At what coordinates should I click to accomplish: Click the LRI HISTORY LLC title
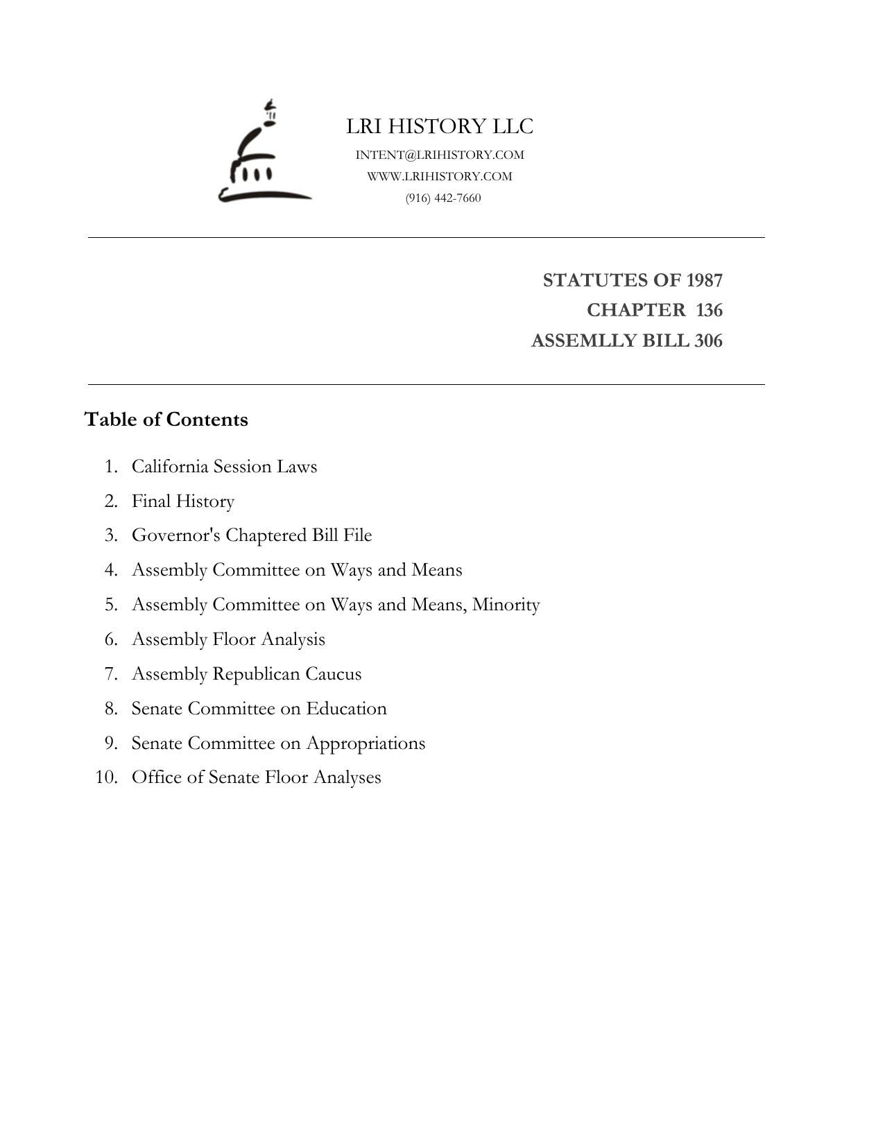(440, 126)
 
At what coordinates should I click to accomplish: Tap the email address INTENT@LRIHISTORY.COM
(440, 155)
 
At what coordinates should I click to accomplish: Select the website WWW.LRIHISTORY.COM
(440, 176)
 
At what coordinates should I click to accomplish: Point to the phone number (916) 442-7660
(443, 198)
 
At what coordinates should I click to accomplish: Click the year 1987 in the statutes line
(704, 280)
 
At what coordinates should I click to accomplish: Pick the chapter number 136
(709, 310)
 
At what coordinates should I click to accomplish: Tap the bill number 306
(707, 341)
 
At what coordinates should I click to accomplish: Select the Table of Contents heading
(166, 420)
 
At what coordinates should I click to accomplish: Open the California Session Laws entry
(224, 466)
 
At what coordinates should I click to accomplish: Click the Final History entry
(183, 501)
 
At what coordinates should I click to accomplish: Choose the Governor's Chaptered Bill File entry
(252, 535)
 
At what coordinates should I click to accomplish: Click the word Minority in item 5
(506, 605)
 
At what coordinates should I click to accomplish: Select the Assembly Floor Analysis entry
(228, 639)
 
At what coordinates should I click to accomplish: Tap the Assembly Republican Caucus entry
(246, 673)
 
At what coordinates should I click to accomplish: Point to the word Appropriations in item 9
(366, 743)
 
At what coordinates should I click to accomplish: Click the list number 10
(106, 777)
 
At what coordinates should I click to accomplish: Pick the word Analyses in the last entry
(347, 777)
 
